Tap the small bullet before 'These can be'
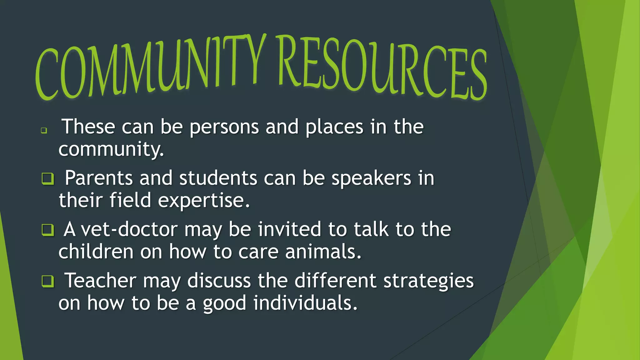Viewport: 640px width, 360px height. click(44, 130)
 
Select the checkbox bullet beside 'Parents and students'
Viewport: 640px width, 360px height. click(48, 179)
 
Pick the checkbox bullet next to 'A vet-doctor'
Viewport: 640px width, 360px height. click(48, 230)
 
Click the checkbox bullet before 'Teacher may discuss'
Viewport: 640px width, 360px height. click(48, 281)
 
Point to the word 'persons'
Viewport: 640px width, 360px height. click(224, 127)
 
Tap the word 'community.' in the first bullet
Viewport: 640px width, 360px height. click(111, 149)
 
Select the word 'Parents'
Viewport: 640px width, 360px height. click(99, 178)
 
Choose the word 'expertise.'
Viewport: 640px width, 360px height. click(204, 201)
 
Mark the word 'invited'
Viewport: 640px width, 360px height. click(289, 229)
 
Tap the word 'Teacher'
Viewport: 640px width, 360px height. click(100, 281)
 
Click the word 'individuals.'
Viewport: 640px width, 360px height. click(305, 303)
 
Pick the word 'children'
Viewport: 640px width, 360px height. click(96, 252)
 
